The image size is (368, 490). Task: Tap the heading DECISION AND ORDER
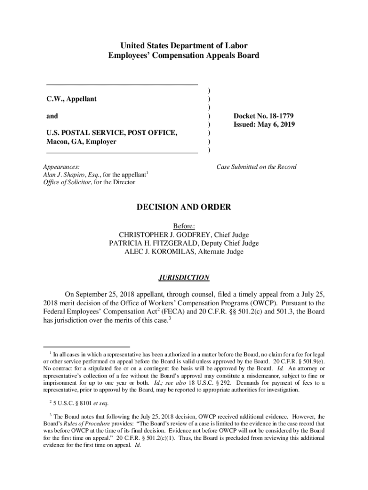pyautogui.click(x=184, y=207)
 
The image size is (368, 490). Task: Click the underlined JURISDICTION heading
pyautogui.click(x=184, y=278)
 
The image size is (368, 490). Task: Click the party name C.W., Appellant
pyautogui.click(x=71, y=99)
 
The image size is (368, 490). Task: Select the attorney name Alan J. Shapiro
pyautogui.click(x=63, y=175)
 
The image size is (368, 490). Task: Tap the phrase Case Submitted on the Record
pyautogui.click(x=256, y=167)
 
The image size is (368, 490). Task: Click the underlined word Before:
pyautogui.click(x=184, y=226)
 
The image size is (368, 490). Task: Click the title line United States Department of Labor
pyautogui.click(x=184, y=46)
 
